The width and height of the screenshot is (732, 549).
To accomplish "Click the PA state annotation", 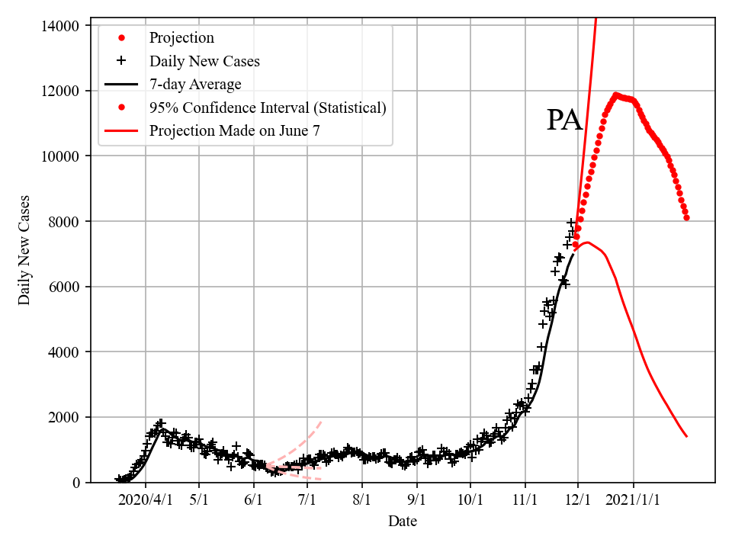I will coord(564,120).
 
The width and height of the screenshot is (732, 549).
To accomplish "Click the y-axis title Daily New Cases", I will coord(25,250).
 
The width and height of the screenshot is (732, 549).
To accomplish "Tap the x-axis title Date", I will coord(402,522).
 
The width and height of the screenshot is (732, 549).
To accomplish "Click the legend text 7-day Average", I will coord(195,84).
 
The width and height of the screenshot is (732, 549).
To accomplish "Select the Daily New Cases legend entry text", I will coord(204,61).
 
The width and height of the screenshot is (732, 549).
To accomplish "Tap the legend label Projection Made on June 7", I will coord(235,130).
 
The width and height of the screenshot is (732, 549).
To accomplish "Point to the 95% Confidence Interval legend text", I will coord(268,108).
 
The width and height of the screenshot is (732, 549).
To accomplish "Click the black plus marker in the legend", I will coord(120,61).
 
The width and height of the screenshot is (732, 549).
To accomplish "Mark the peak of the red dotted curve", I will coord(616,95).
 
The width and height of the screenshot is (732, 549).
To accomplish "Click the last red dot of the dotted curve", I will coord(687,217).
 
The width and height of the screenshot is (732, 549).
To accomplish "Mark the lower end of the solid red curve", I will coord(687,436).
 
